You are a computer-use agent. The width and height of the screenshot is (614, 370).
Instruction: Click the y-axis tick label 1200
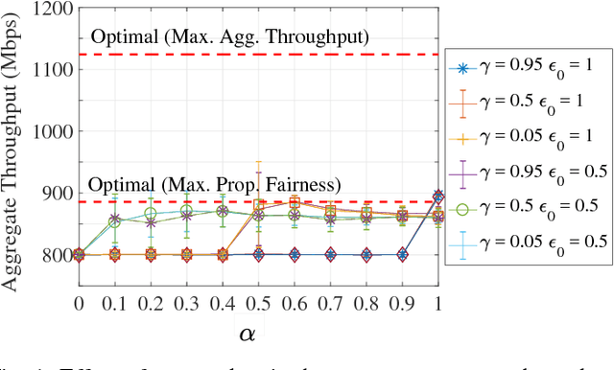point(49,9)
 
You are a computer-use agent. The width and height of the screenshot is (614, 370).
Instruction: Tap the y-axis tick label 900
point(54,193)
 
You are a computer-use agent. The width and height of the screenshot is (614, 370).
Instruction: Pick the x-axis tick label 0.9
point(402,302)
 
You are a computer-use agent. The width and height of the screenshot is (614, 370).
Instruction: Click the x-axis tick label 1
point(438,302)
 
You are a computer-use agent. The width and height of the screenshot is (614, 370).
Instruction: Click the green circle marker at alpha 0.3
point(187,211)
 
